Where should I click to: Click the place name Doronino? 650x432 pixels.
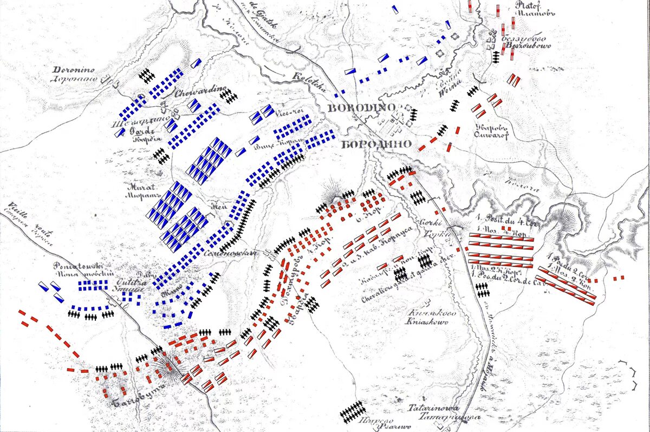pos(74,70)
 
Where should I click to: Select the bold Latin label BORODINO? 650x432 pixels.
pos(361,108)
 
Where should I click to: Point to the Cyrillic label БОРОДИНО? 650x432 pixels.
pos(376,145)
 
